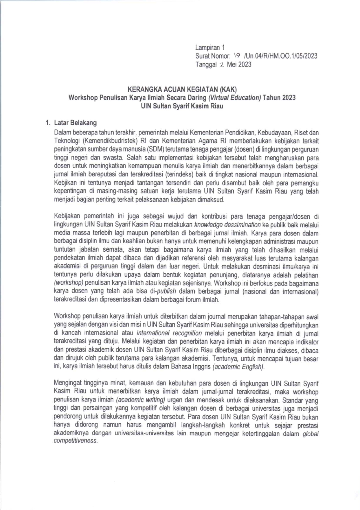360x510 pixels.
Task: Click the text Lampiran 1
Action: click(x=210, y=47)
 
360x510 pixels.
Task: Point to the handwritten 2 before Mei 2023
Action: click(x=222, y=65)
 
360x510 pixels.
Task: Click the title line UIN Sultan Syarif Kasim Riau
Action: click(x=182, y=106)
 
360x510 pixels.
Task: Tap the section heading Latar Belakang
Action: click(x=75, y=123)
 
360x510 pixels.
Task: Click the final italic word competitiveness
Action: click(x=76, y=441)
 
